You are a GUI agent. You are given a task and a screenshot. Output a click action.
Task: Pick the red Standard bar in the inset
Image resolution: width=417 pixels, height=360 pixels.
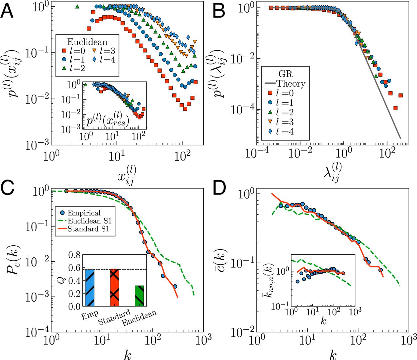click(x=115, y=287)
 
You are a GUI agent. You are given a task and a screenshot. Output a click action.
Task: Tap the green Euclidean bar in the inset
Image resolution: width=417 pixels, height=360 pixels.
click(x=139, y=296)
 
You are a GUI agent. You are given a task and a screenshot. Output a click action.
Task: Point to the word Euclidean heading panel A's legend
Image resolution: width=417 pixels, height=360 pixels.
click(x=87, y=42)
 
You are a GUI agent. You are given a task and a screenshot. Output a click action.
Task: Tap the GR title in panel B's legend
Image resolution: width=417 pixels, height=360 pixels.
click(x=285, y=74)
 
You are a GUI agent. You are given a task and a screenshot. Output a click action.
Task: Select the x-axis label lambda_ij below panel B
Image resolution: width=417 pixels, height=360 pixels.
click(x=333, y=173)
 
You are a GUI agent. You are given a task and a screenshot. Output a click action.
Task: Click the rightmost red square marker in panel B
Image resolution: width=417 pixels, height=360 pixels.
click(x=401, y=95)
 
